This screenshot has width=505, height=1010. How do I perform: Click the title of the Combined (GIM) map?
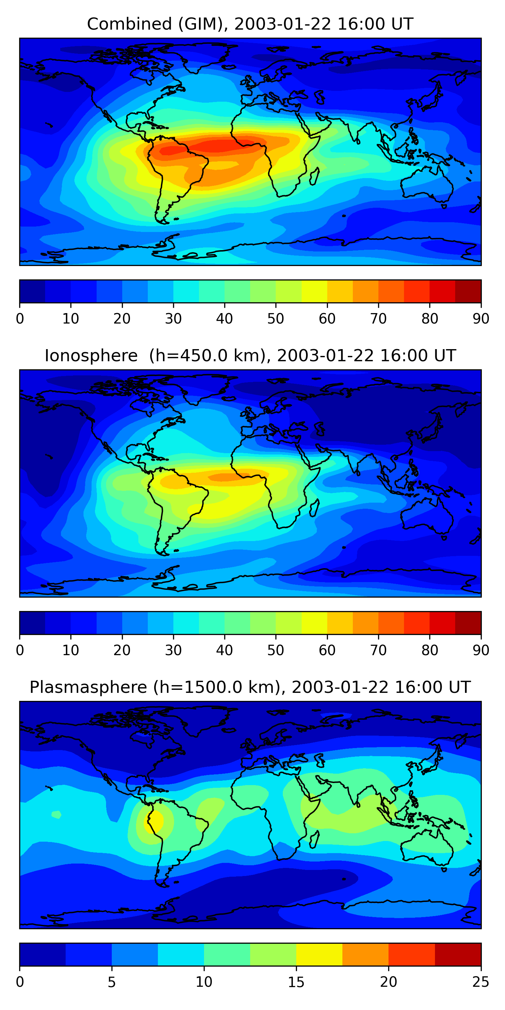point(250,24)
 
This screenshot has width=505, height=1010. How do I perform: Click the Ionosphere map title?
point(250,356)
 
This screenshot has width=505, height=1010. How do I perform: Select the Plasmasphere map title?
point(250,687)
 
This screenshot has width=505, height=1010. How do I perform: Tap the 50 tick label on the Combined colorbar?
point(276,319)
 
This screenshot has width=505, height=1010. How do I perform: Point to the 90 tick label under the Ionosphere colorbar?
point(481,650)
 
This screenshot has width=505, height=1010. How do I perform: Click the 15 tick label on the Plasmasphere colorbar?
point(296,982)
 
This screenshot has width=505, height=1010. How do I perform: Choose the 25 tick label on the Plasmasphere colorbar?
point(481,982)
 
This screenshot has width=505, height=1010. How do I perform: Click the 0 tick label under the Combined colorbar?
point(20,319)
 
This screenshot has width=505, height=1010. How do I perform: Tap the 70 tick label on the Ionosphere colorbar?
point(378,650)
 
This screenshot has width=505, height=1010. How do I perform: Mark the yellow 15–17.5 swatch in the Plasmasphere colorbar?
point(319,954)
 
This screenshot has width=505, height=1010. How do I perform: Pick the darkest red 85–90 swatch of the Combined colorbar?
point(468,291)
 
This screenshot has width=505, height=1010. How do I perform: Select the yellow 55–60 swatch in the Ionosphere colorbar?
point(314,622)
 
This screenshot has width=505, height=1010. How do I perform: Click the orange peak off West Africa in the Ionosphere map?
point(226,477)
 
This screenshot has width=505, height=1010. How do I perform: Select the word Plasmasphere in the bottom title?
point(88,687)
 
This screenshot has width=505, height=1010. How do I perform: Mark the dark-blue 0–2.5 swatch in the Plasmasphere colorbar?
point(42,954)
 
